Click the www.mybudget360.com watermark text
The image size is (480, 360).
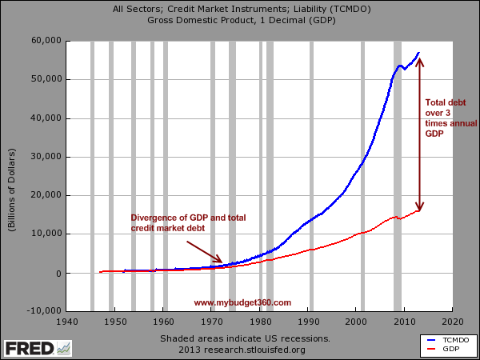242,302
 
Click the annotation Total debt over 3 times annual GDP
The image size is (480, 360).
450,118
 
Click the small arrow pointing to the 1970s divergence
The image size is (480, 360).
204,253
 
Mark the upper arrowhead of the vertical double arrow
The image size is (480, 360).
421,61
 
